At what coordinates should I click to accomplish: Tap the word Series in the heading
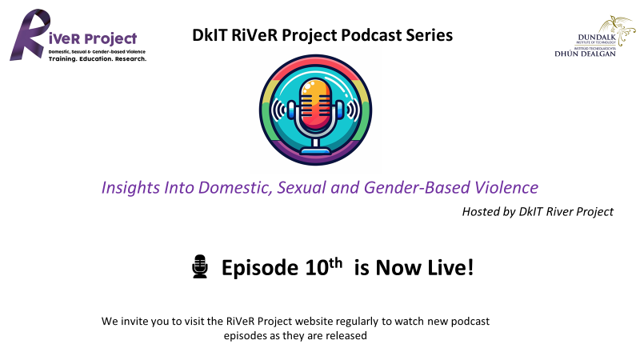tap(430, 35)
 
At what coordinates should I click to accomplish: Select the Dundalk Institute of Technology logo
tap(594, 36)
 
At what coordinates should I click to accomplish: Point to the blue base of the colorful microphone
tap(315, 150)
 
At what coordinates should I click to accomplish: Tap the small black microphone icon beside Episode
tap(200, 266)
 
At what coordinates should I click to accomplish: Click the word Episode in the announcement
tap(259, 268)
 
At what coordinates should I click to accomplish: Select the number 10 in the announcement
tap(317, 268)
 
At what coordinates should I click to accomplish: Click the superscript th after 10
tap(335, 263)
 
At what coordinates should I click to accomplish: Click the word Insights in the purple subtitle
tap(130, 188)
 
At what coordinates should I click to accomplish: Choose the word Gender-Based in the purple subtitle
tap(417, 188)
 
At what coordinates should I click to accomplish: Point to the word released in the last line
tap(348, 335)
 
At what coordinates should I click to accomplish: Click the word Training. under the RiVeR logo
tap(63, 58)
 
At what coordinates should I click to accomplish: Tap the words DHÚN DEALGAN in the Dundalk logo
tap(585, 54)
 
